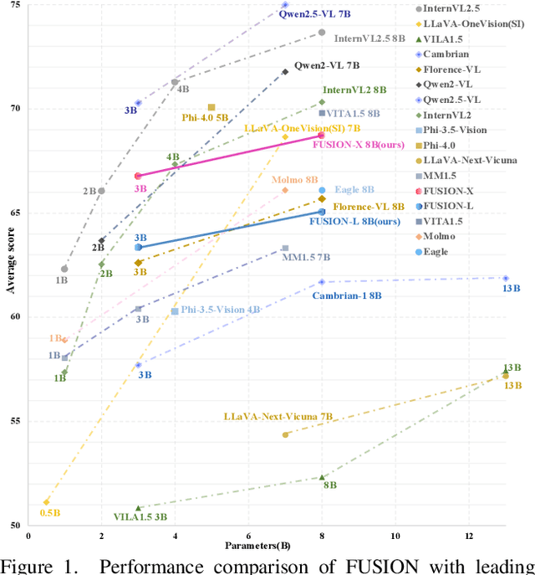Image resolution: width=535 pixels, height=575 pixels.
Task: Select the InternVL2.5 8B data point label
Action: coord(369,39)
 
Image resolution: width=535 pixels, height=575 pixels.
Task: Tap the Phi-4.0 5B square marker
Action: coord(211,107)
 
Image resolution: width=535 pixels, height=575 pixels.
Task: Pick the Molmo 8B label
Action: coord(295,180)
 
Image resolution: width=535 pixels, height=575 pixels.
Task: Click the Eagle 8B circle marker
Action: coord(322,191)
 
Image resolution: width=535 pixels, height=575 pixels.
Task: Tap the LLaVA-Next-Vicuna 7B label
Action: coord(278,416)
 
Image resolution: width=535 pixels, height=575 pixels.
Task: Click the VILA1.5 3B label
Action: coord(140,517)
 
